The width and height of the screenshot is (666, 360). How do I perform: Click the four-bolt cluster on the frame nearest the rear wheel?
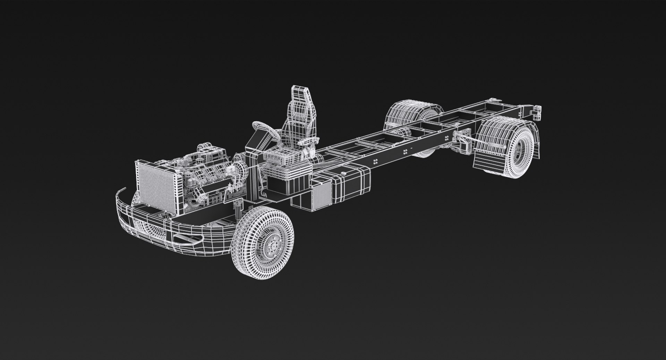[405, 152]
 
